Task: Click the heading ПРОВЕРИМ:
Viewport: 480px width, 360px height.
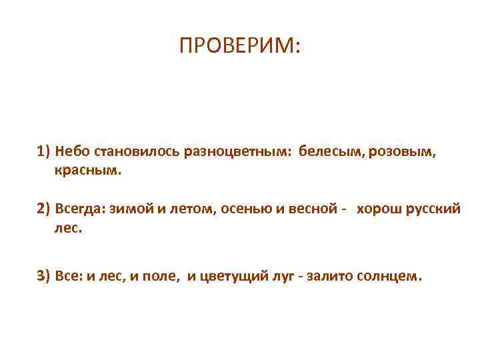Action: pos(240,46)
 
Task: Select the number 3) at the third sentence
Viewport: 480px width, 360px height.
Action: pos(44,276)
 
